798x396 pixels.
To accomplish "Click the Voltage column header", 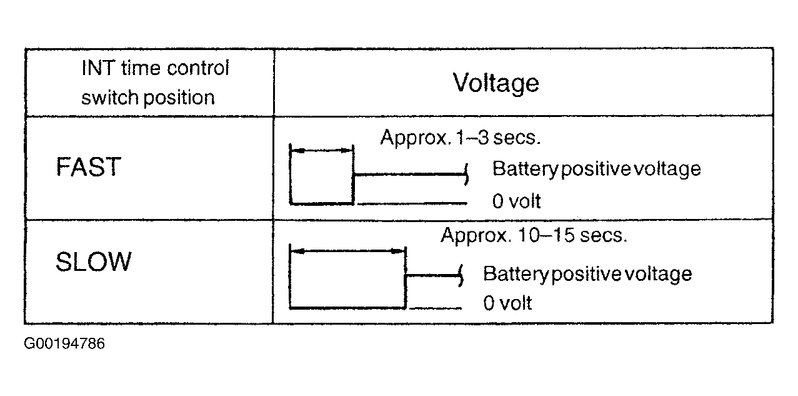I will (x=496, y=83).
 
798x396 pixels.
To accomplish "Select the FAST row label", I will (x=87, y=168).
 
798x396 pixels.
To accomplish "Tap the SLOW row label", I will (x=93, y=261).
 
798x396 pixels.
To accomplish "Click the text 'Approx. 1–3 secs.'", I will (x=460, y=138).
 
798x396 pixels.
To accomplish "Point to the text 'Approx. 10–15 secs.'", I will (x=534, y=236).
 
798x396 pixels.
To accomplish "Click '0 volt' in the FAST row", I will (x=516, y=201).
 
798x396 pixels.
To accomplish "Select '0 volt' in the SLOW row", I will (x=507, y=303).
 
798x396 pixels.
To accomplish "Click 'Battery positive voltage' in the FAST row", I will (x=596, y=169).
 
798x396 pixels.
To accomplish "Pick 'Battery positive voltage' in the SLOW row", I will (x=587, y=274).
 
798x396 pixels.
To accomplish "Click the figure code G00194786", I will (x=64, y=344).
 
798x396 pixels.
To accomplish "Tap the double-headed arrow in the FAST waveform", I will (x=322, y=151).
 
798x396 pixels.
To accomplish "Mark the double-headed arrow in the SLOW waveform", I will (x=348, y=251).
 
